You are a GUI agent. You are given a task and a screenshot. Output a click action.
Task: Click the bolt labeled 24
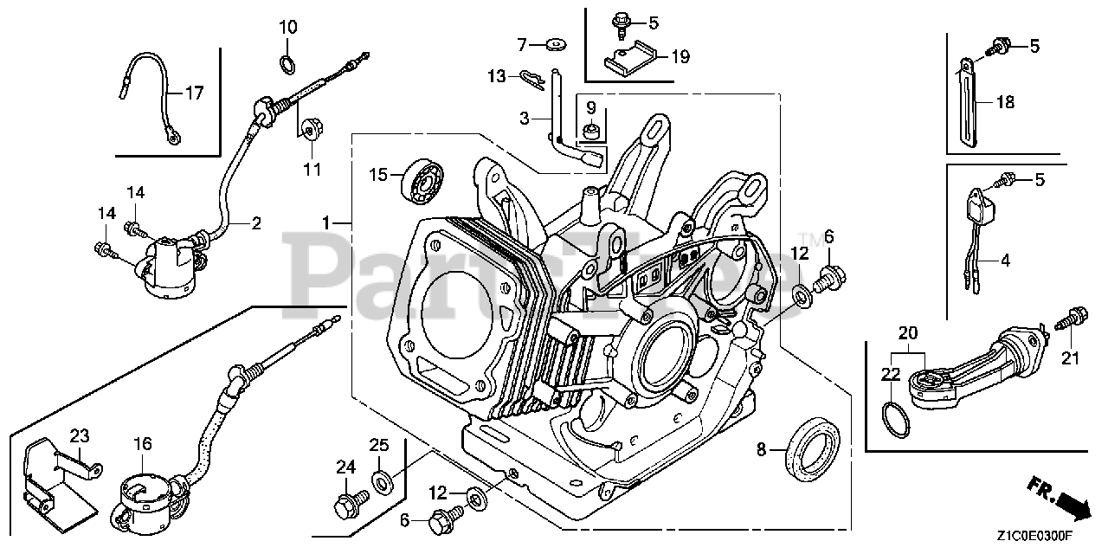point(351,501)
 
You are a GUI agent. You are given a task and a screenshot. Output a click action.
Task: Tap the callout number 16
point(143,444)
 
